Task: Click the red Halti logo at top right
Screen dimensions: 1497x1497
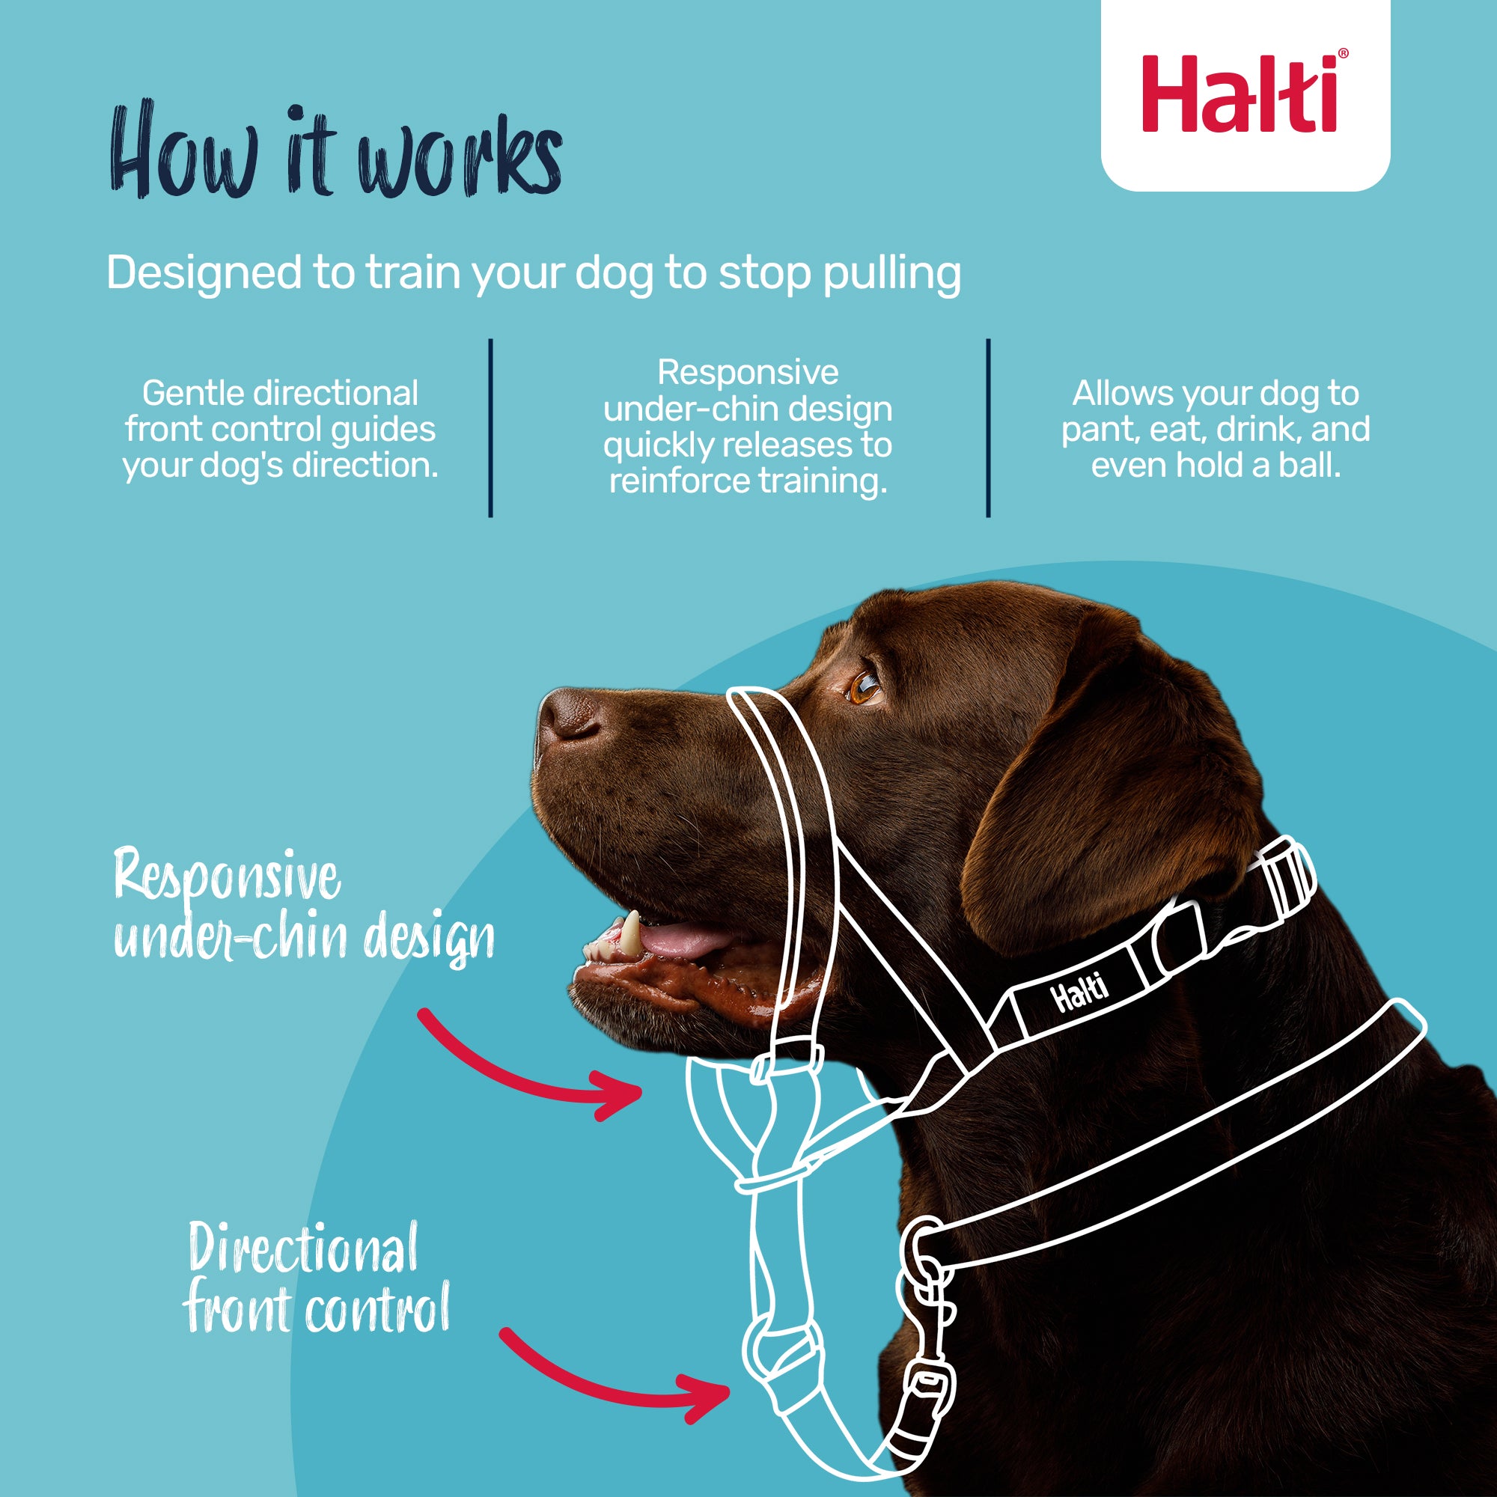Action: coord(1245,94)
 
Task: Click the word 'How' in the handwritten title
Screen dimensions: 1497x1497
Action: coord(184,151)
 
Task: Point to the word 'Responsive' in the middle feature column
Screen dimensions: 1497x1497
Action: coord(748,373)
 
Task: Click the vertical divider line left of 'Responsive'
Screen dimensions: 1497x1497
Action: coord(490,427)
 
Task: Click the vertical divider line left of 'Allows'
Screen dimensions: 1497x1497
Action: coord(988,427)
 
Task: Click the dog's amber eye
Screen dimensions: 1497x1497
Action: coord(862,686)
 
